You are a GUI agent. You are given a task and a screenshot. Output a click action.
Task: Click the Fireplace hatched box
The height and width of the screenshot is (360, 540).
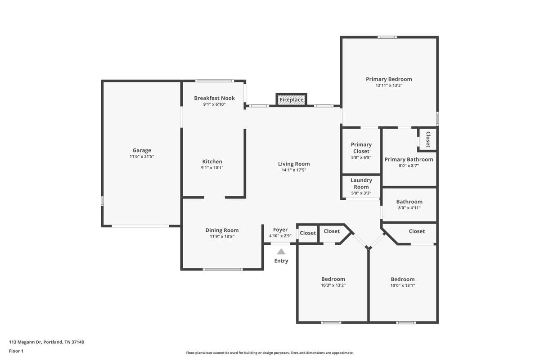pyautogui.click(x=292, y=99)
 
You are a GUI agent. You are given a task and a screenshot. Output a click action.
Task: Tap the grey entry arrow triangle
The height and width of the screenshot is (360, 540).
pyautogui.click(x=281, y=252)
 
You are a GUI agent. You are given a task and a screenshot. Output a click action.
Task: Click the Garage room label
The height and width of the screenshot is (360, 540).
pyautogui.click(x=142, y=150)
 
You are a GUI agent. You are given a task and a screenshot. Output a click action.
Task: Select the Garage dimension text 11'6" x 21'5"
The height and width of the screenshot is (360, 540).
pyautogui.click(x=142, y=157)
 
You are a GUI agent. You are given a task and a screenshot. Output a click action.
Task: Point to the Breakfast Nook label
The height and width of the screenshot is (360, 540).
pyautogui.click(x=214, y=98)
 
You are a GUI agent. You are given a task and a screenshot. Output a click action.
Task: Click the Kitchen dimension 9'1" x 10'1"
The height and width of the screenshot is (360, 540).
pyautogui.click(x=212, y=168)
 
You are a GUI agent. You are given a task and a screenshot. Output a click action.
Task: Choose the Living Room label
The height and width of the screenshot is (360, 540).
pyautogui.click(x=294, y=164)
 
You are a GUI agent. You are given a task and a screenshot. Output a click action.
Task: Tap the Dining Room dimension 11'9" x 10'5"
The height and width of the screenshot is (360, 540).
pyautogui.click(x=222, y=237)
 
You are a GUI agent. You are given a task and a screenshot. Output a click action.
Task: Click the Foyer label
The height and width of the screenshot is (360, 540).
pyautogui.click(x=280, y=230)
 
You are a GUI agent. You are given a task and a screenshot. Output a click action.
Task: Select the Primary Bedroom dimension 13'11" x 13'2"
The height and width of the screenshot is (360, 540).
pyautogui.click(x=389, y=85)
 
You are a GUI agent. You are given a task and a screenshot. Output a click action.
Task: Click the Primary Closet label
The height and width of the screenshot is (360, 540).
pyautogui.click(x=361, y=148)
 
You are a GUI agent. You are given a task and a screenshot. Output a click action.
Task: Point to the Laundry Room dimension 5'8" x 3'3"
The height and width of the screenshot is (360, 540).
pyautogui.click(x=361, y=193)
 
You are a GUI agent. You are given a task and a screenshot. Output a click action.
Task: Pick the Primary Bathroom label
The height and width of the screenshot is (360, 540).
pyautogui.click(x=409, y=160)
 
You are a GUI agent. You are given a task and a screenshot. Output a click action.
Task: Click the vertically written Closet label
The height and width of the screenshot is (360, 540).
pyautogui.click(x=428, y=139)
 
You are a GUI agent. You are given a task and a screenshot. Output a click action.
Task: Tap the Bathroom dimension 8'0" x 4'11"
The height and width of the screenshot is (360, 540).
pyautogui.click(x=409, y=208)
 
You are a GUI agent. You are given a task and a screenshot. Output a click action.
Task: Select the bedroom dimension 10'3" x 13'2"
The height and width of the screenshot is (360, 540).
pyautogui.click(x=333, y=285)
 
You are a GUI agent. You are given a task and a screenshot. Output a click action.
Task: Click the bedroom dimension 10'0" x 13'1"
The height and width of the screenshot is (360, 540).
pyautogui.click(x=403, y=285)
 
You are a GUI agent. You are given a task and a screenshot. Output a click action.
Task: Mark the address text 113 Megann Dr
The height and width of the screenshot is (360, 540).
pyautogui.click(x=25, y=342)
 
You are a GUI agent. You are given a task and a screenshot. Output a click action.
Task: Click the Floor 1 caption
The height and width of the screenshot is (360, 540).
pyautogui.click(x=16, y=351)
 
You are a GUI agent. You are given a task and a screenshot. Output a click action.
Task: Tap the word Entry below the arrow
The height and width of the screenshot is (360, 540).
pyautogui.click(x=281, y=261)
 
